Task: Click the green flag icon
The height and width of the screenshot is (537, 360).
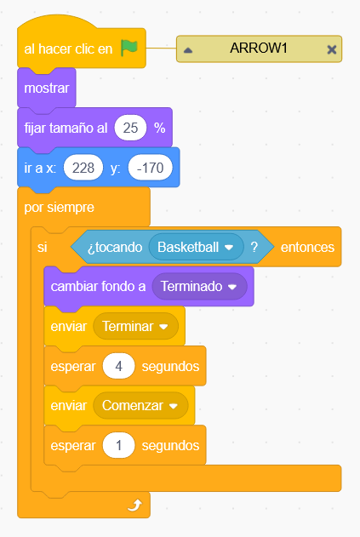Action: click(x=129, y=48)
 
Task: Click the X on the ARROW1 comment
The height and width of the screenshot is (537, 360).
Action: click(x=331, y=49)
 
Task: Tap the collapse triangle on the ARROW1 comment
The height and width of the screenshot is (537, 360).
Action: click(x=188, y=50)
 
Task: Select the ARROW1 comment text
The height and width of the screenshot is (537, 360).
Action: click(x=258, y=48)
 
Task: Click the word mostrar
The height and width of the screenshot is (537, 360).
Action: click(x=47, y=88)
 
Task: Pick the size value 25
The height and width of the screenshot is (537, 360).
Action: click(x=130, y=128)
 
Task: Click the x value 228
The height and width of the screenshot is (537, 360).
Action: click(x=83, y=168)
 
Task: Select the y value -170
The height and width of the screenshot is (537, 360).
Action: click(x=150, y=168)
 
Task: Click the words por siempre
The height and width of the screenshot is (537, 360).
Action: click(x=59, y=207)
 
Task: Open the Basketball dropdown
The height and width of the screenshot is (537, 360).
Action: click(x=196, y=247)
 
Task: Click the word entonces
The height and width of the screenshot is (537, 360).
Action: click(x=307, y=247)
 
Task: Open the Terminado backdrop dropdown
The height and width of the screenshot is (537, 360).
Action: click(x=199, y=286)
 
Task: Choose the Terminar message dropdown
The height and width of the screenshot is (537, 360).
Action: click(x=135, y=327)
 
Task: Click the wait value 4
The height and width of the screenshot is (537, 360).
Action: click(x=118, y=366)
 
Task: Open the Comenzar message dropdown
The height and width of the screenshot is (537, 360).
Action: click(x=140, y=405)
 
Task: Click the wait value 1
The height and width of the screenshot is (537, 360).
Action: click(x=118, y=445)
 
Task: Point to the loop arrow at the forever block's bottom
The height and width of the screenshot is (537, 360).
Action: click(x=135, y=506)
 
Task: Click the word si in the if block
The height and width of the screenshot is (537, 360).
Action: click(x=43, y=247)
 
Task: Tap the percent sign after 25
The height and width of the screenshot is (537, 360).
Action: click(x=160, y=128)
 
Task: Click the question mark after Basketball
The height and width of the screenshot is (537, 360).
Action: click(x=254, y=247)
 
